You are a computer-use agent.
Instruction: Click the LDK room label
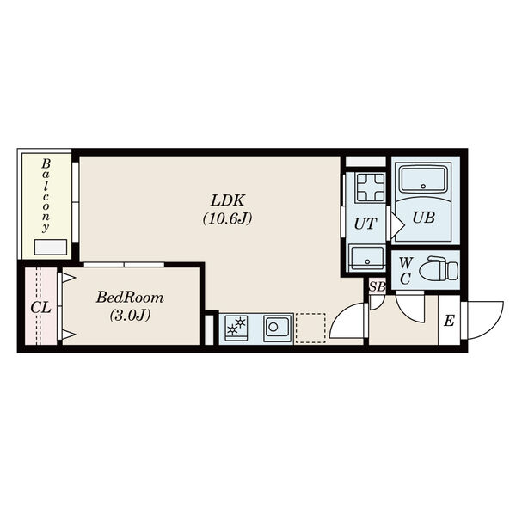tap(228, 200)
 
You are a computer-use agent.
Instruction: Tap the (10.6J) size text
tap(227, 218)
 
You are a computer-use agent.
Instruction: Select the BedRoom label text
tap(130, 298)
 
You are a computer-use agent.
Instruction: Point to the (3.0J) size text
tap(130, 315)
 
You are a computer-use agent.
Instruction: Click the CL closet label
tap(40, 308)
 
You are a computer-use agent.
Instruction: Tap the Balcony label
tap(46, 195)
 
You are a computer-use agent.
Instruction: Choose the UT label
tap(365, 224)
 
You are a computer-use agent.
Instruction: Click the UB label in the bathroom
tap(423, 218)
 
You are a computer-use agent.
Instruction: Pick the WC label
tap(406, 271)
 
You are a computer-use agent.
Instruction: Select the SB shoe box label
tap(378, 286)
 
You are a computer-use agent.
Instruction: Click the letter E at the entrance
tap(449, 321)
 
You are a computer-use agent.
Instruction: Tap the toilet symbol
tap(439, 268)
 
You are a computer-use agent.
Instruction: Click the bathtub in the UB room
tap(423, 179)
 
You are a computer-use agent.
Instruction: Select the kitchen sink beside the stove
tap(278, 328)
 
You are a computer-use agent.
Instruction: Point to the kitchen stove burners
tap(236, 329)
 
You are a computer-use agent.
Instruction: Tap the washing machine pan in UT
tap(371, 187)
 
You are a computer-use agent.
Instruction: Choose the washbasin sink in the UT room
tap(367, 258)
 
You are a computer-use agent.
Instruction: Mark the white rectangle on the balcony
tap(51, 247)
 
